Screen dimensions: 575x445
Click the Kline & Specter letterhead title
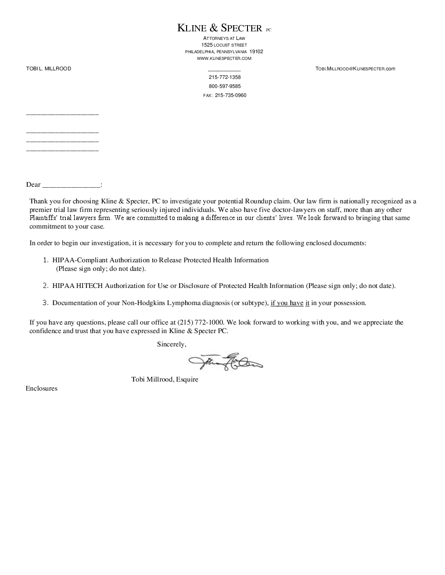click(x=220, y=28)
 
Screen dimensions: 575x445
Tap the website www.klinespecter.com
click(x=224, y=58)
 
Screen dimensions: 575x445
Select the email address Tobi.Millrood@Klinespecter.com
click(x=355, y=68)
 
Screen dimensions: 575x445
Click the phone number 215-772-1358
click(x=225, y=77)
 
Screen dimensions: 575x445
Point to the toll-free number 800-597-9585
click(x=225, y=86)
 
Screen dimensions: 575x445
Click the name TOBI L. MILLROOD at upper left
click(x=49, y=68)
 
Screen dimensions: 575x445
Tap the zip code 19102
click(x=256, y=51)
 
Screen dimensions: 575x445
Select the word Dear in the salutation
click(x=33, y=184)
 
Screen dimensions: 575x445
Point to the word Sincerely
click(x=171, y=344)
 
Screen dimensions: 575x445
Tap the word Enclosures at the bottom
click(x=41, y=388)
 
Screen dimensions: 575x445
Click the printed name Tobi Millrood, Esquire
click(x=165, y=379)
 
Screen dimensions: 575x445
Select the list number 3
click(x=45, y=302)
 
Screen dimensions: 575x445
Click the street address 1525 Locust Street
click(x=224, y=45)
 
